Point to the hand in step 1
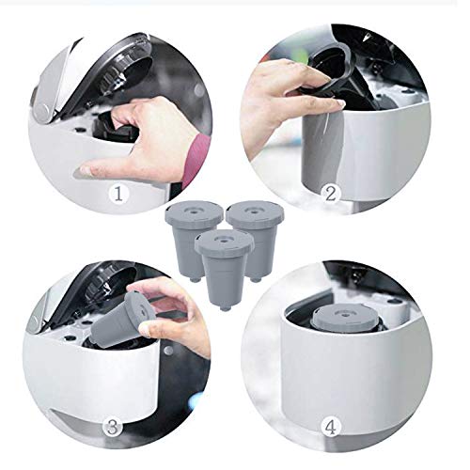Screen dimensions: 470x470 pos(141,141)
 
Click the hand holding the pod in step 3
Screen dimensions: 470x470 pos(174,310)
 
